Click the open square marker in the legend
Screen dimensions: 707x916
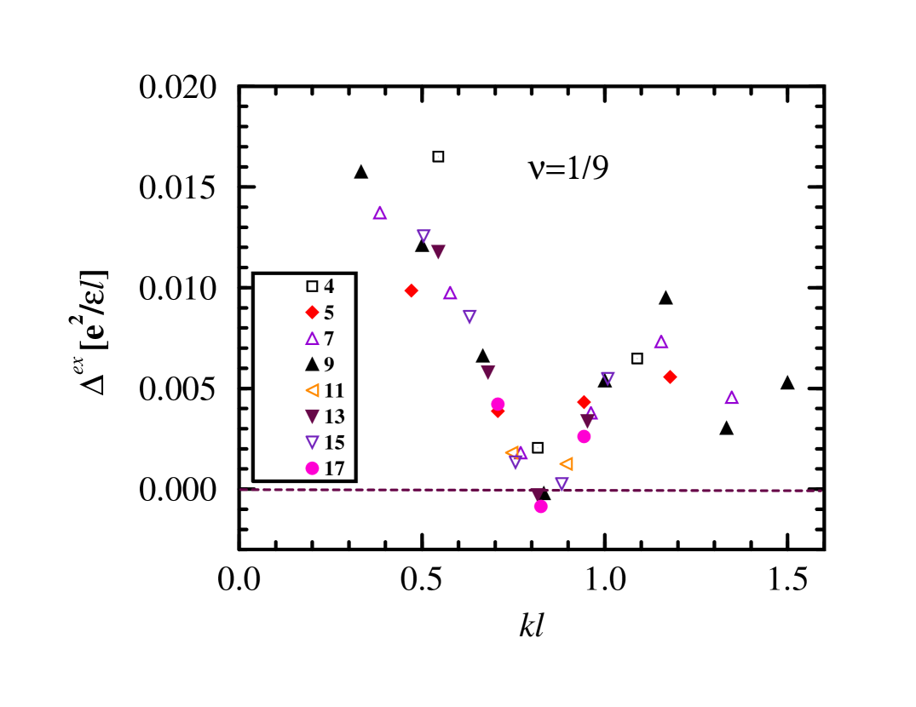(x=312, y=286)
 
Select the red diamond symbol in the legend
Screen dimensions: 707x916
(x=312, y=313)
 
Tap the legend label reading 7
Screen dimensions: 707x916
(x=329, y=339)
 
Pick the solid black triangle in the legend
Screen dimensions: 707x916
(x=312, y=365)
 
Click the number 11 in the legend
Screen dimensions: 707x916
(x=334, y=391)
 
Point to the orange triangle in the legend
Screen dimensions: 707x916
(x=312, y=391)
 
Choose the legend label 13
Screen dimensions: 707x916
(x=334, y=417)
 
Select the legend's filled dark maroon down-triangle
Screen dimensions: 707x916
(x=312, y=417)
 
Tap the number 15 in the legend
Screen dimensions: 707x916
(x=334, y=443)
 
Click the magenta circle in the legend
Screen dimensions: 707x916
(x=312, y=468)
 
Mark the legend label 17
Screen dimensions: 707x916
(x=334, y=468)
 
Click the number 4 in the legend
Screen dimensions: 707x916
(x=329, y=286)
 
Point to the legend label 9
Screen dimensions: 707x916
(x=329, y=365)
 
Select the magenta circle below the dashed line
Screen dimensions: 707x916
(x=540, y=507)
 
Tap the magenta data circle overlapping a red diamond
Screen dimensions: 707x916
(x=498, y=403)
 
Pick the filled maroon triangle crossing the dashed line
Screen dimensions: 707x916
(x=536, y=494)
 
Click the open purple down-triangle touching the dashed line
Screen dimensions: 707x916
(x=562, y=483)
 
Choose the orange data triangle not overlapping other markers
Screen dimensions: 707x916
(x=567, y=464)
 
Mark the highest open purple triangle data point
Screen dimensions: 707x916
(x=380, y=213)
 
